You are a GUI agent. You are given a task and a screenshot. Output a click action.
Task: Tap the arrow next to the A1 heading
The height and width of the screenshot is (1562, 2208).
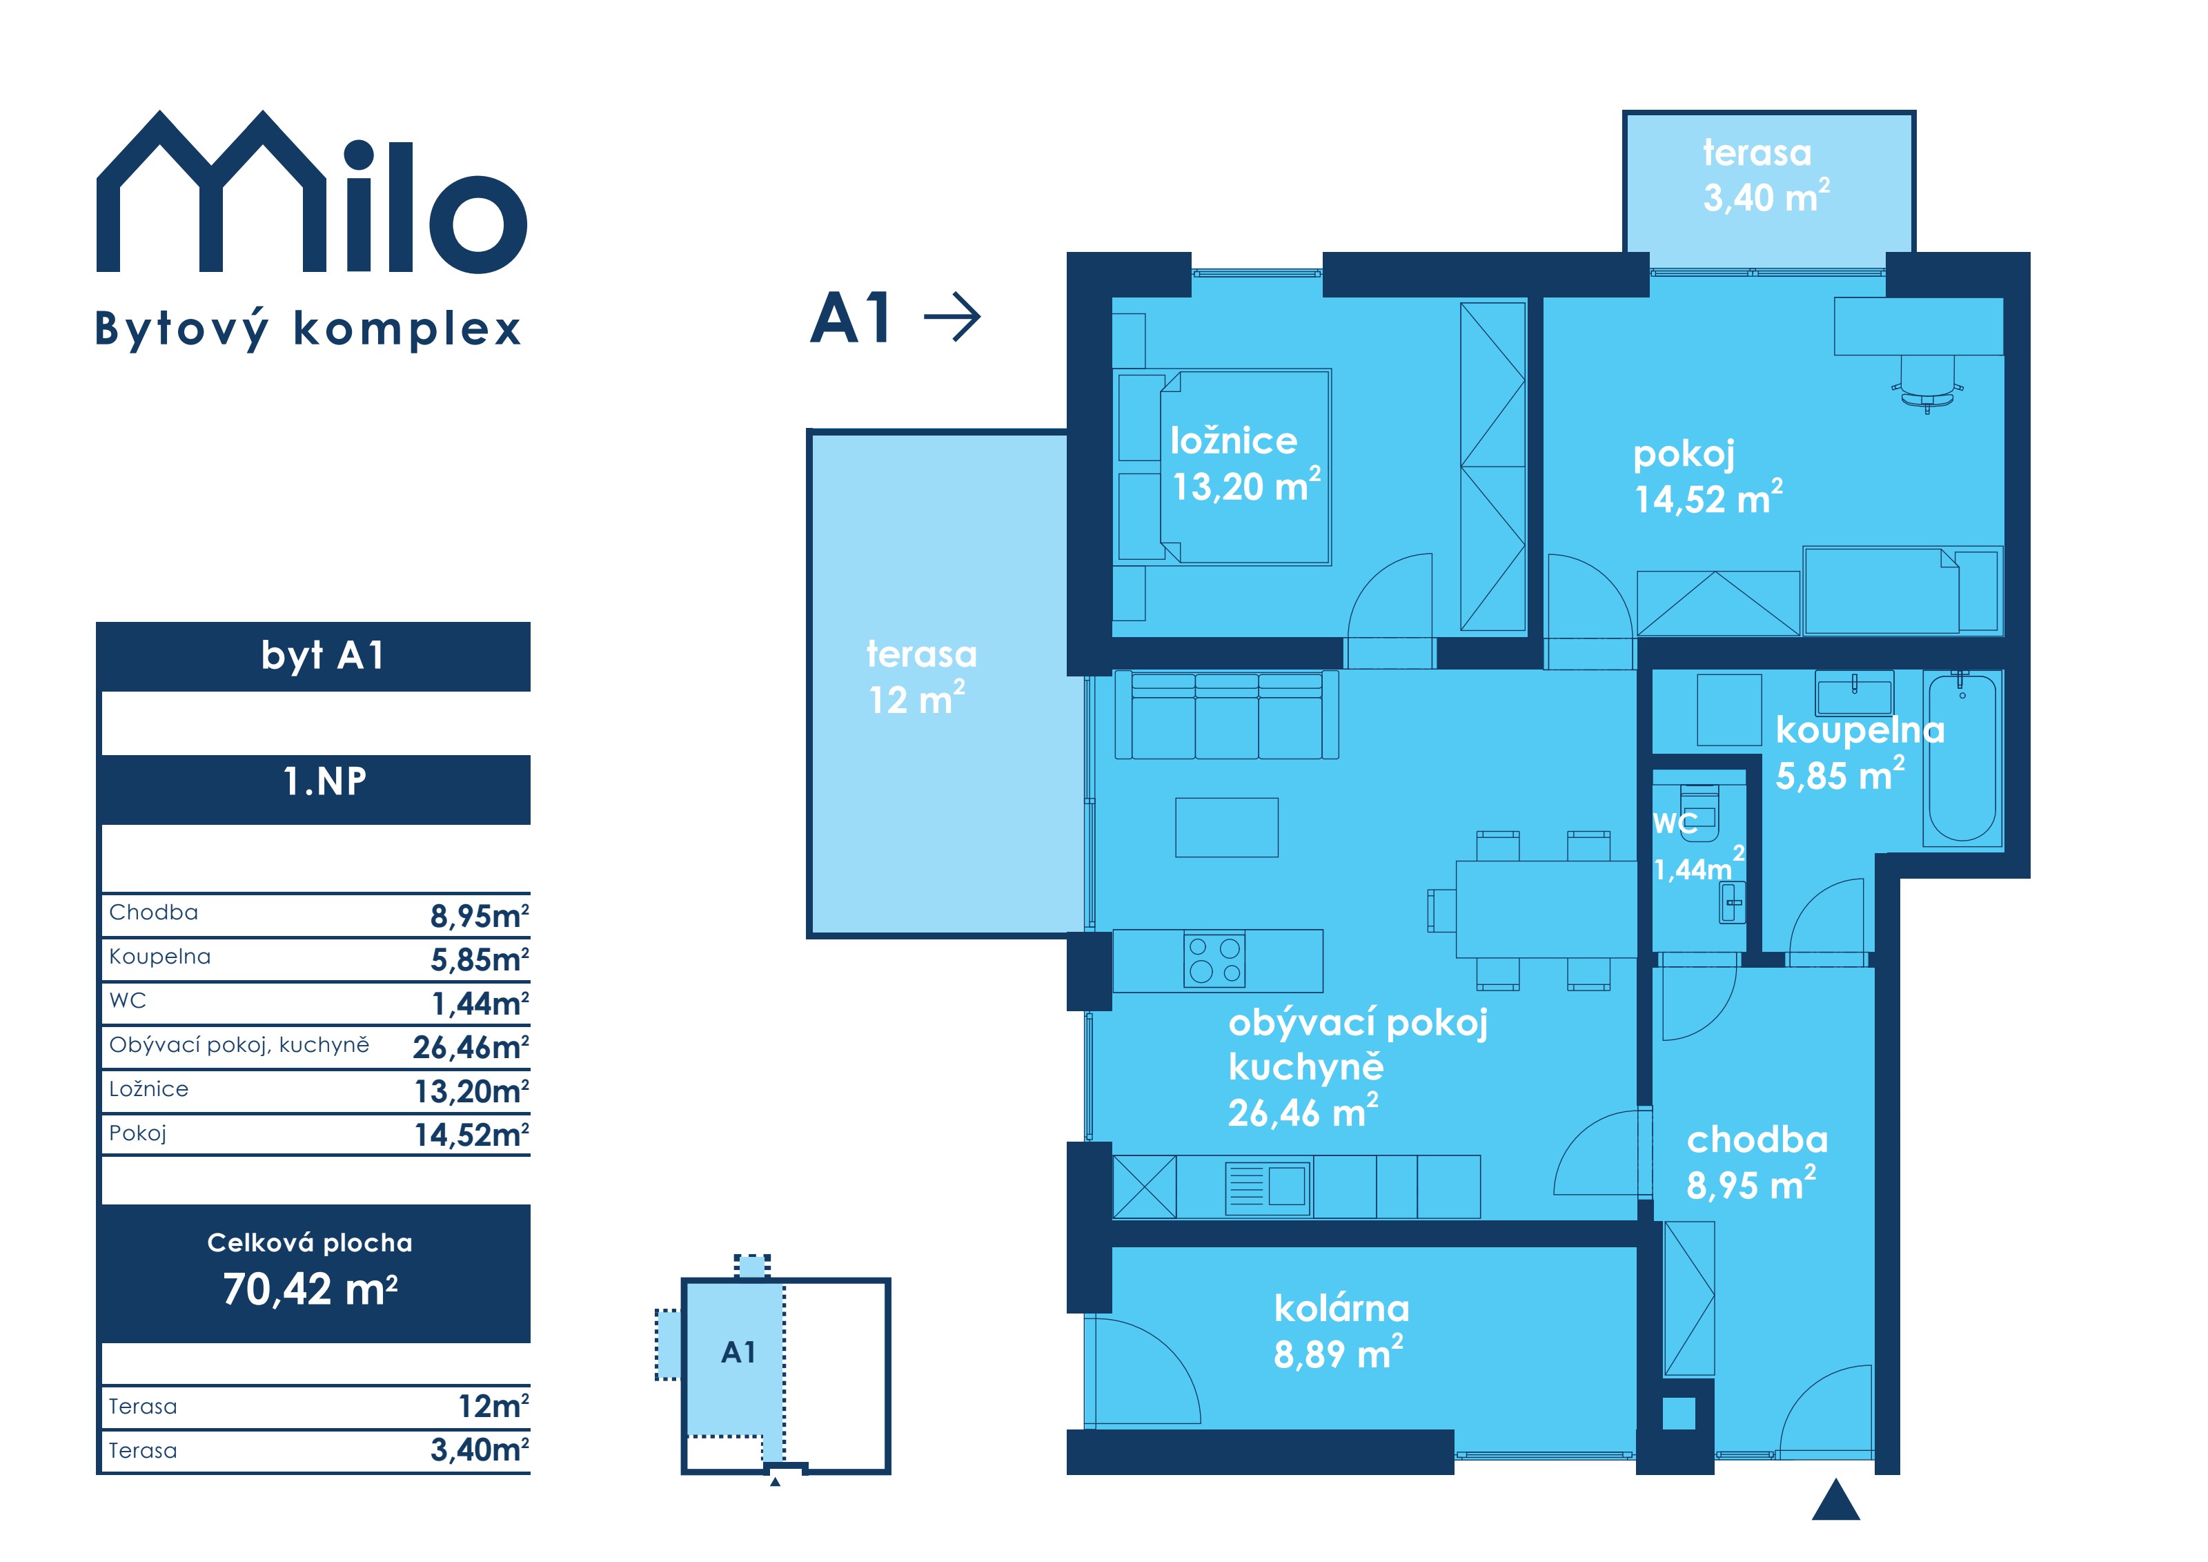pyautogui.click(x=952, y=316)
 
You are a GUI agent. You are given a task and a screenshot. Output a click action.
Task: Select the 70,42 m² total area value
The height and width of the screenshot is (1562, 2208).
pyautogui.click(x=310, y=1289)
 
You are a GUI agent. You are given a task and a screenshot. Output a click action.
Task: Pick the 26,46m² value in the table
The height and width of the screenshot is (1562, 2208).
pyautogui.click(x=471, y=1046)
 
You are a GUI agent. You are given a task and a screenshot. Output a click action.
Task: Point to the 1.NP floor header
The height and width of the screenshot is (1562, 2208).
pyautogui.click(x=325, y=781)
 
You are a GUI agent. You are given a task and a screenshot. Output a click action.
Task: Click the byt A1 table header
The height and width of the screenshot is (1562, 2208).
pyautogui.click(x=323, y=656)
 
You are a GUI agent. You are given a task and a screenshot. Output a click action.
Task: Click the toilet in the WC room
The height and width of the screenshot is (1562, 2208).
pyautogui.click(x=1698, y=806)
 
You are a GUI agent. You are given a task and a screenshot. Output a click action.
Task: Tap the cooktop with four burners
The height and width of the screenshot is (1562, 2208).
pyautogui.click(x=1214, y=960)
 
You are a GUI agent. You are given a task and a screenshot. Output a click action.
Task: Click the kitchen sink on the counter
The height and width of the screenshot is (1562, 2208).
pyautogui.click(x=1268, y=1188)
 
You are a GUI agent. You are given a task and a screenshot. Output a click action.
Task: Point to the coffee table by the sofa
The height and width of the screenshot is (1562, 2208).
pyautogui.click(x=1226, y=827)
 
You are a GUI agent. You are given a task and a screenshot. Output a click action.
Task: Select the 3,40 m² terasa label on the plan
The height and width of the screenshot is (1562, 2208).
pyautogui.click(x=1766, y=175)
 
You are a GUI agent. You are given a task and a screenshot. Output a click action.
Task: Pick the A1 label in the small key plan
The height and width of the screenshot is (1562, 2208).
pyautogui.click(x=738, y=1352)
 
